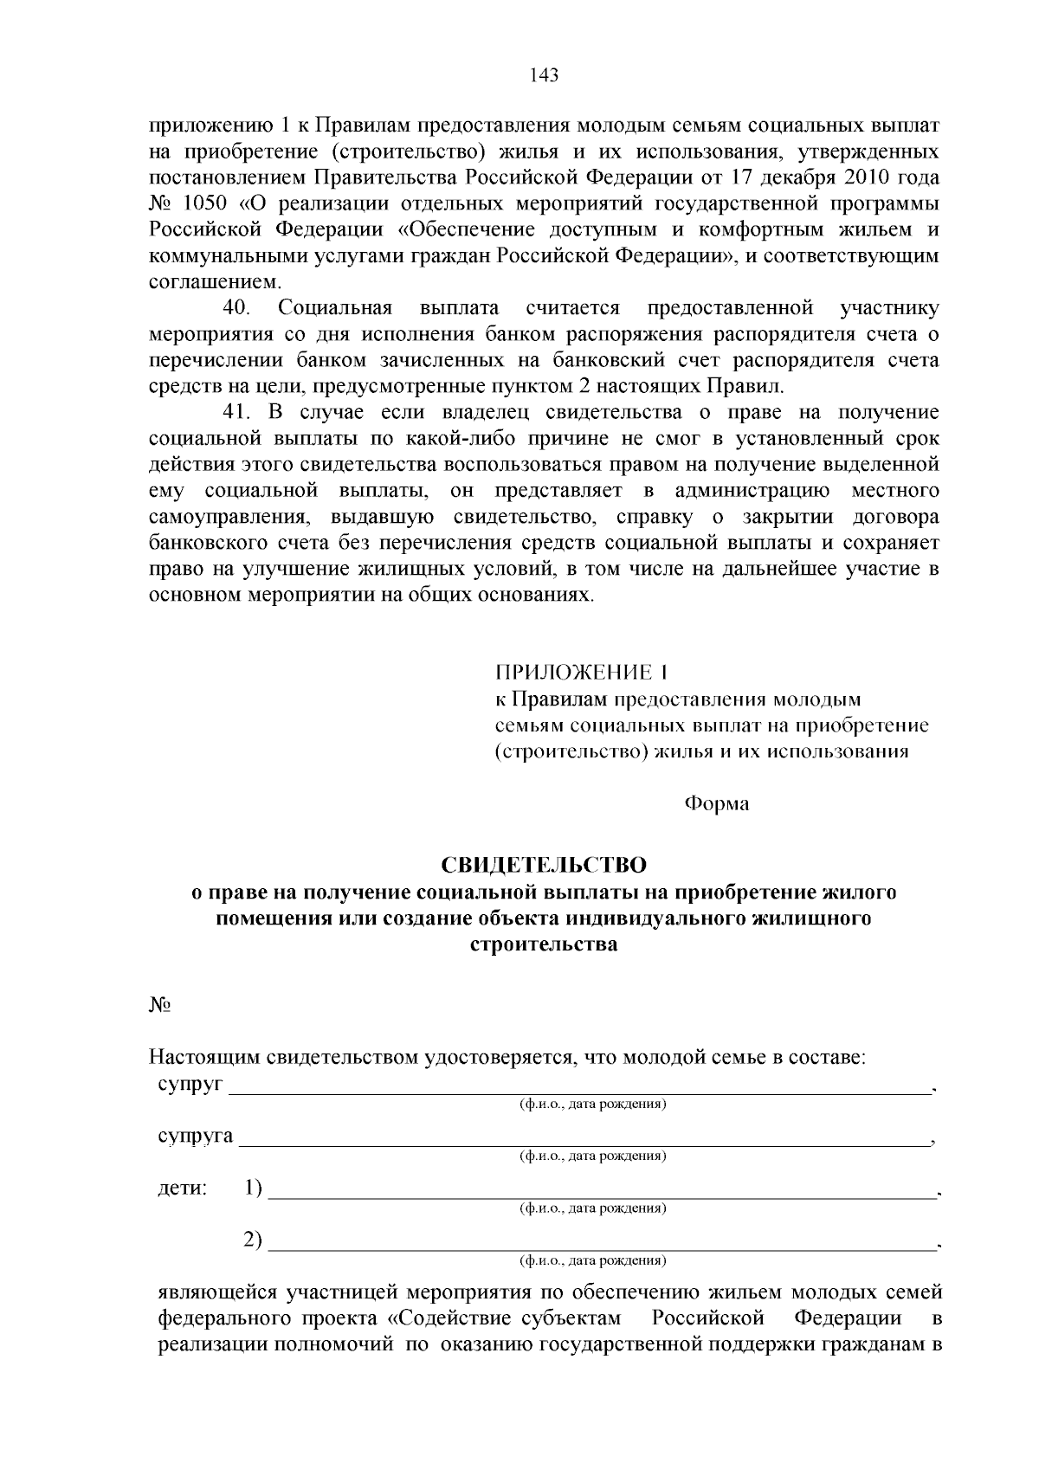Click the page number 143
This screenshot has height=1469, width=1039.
pos(544,74)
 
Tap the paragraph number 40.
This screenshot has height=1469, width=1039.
pos(236,308)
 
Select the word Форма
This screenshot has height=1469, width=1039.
pos(717,804)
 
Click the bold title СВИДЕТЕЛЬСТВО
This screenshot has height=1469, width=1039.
pos(544,865)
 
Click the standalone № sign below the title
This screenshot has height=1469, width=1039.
pos(159,1005)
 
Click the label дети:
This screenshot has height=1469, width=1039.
pos(182,1189)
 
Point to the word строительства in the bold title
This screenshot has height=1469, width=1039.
pos(544,944)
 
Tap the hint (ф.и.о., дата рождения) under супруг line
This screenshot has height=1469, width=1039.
pos(592,1105)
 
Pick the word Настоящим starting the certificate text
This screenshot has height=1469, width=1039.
pos(203,1058)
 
